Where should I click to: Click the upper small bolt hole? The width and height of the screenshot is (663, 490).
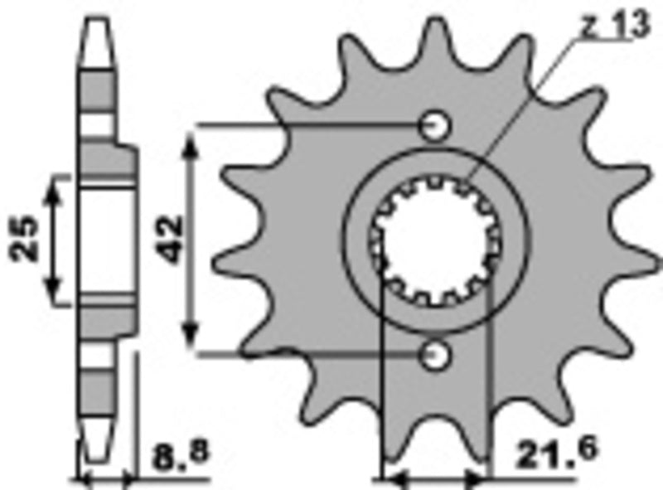pos(434,125)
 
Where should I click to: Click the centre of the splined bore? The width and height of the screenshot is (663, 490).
pos(434,240)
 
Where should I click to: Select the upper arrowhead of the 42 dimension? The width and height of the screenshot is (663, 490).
pos(192,141)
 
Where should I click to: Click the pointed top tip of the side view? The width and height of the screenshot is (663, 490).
pos(98,18)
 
